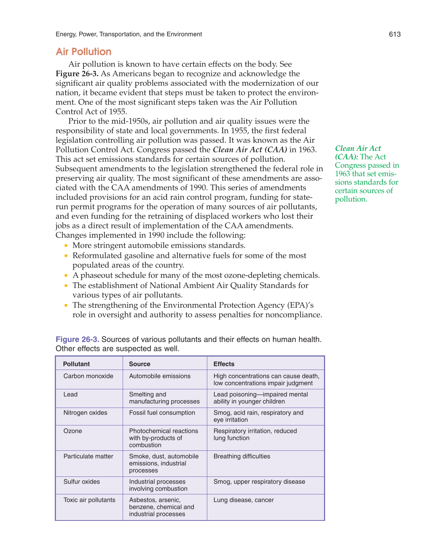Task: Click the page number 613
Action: pyautogui.click(x=394, y=34)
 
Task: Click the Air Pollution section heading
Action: pyautogui.click(x=84, y=52)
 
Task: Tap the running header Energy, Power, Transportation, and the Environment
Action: pyautogui.click(x=129, y=34)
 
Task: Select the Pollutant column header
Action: pyautogui.click(x=76, y=364)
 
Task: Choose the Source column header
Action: pyautogui.click(x=139, y=364)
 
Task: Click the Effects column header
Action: pyautogui.click(x=224, y=364)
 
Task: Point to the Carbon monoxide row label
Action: pyautogui.click(x=88, y=376)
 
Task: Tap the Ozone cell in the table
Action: pyautogui.click(x=73, y=431)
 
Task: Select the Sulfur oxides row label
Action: pyautogui.click(x=82, y=482)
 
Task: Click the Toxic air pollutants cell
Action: pyautogui.click(x=89, y=500)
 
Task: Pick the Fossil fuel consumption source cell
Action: pyautogui.click(x=162, y=413)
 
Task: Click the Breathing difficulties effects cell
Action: pyautogui.click(x=242, y=456)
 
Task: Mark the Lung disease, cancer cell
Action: pyautogui.click(x=243, y=500)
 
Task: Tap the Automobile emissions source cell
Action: pyautogui.click(x=160, y=376)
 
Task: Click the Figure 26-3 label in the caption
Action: pyautogui.click(x=77, y=339)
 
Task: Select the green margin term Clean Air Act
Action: pyautogui.click(x=358, y=149)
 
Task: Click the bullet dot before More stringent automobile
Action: pyautogui.click(x=66, y=246)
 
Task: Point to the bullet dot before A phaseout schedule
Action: pyautogui.click(x=66, y=276)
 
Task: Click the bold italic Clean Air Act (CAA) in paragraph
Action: pyautogui.click(x=250, y=150)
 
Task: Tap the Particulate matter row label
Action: pyautogui.click(x=88, y=456)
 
